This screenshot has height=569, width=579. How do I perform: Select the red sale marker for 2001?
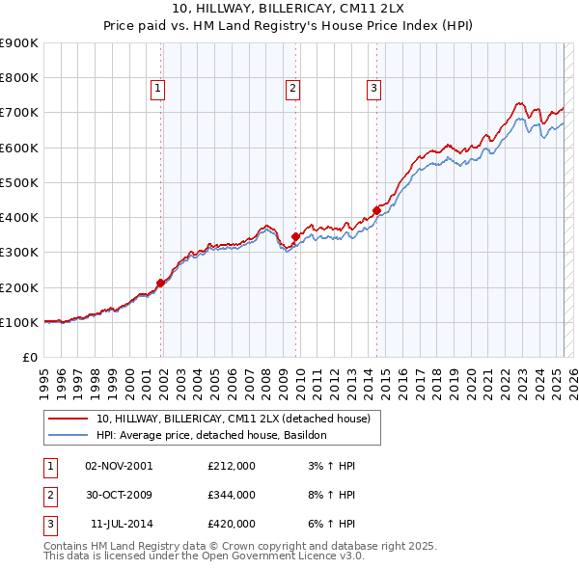pyautogui.click(x=160, y=283)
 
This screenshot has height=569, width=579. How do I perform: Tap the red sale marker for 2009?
pyautogui.click(x=295, y=236)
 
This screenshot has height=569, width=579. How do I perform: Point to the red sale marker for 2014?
pyautogui.click(x=376, y=210)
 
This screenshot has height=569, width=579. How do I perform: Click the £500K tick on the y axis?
pyautogui.click(x=20, y=182)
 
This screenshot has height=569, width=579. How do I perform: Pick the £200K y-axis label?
pyautogui.click(x=20, y=287)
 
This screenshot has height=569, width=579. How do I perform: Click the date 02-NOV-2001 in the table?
pyautogui.click(x=119, y=466)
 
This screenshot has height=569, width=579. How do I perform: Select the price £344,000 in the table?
pyautogui.click(x=232, y=495)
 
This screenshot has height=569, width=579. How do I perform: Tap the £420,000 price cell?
pyautogui.click(x=232, y=524)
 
